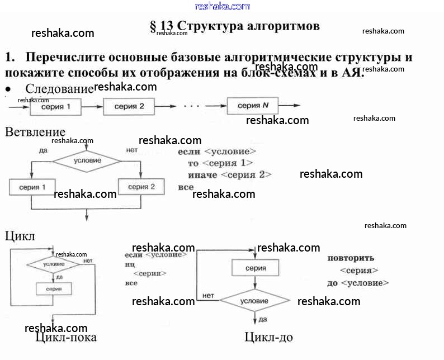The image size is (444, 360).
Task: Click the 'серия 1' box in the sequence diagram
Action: (x=55, y=106)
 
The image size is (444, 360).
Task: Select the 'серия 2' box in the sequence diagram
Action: (x=129, y=106)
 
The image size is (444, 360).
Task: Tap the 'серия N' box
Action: (x=249, y=106)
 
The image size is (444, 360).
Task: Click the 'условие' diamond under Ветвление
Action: (x=87, y=160)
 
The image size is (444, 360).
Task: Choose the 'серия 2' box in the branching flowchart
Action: (x=141, y=187)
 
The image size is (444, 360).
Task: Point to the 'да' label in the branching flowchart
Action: (x=43, y=150)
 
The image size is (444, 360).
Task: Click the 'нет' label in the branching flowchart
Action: (x=131, y=150)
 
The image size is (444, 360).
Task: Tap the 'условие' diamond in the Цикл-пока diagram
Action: (x=54, y=264)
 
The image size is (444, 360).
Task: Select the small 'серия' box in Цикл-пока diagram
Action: (x=54, y=288)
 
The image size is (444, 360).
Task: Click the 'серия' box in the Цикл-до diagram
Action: (x=255, y=268)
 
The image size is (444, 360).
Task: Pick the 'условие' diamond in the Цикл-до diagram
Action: (x=254, y=300)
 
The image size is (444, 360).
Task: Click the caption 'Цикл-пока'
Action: (x=65, y=337)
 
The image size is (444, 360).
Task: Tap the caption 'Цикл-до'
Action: (x=268, y=337)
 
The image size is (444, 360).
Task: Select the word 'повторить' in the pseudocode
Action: (x=351, y=258)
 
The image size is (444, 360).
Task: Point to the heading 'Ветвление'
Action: (x=35, y=132)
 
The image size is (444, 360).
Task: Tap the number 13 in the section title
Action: (x=167, y=26)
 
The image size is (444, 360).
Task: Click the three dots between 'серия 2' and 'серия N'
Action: (x=191, y=106)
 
